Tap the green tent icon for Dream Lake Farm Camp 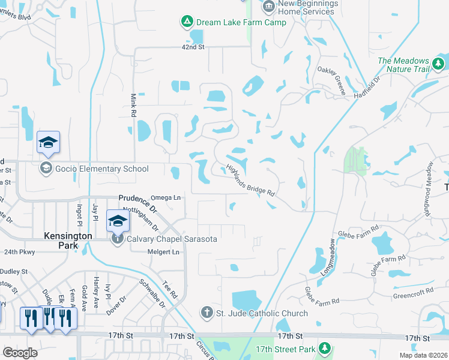coord(187,23)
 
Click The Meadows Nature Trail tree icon coord(439,63)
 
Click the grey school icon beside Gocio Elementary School coord(46,169)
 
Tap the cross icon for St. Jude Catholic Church coord(206,313)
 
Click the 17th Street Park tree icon coord(325,348)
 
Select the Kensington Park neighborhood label coord(68,236)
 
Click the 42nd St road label coord(194,47)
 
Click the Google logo coord(20,353)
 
